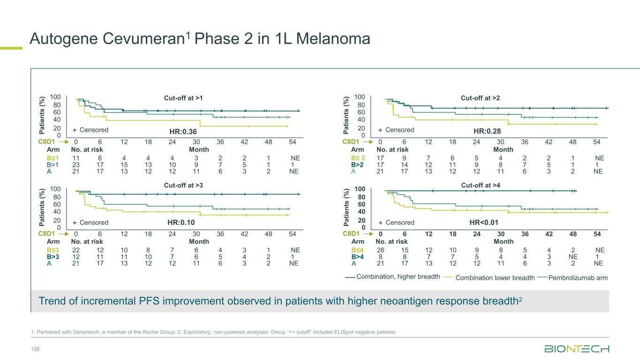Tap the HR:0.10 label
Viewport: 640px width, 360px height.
(181, 223)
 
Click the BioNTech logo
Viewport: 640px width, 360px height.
(577, 349)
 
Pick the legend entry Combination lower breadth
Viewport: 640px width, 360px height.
(495, 278)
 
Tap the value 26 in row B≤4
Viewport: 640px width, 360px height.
(380, 250)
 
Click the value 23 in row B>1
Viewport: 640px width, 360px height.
(76, 165)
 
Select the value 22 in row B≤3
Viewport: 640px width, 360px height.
(76, 250)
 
